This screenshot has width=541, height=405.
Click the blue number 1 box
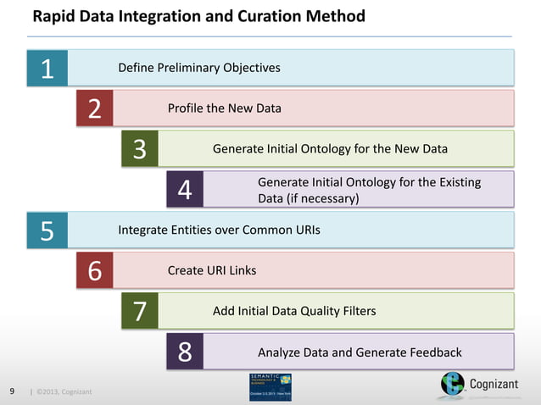(47, 69)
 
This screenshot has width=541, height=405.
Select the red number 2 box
(94, 109)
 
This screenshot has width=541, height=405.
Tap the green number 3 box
(140, 149)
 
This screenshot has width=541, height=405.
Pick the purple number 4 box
(185, 190)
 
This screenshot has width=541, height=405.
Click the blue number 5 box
(47, 230)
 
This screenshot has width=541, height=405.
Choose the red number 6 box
(94, 271)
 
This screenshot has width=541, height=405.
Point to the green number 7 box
(140, 312)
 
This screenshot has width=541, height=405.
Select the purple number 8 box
(185, 352)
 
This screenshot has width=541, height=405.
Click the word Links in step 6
(240, 270)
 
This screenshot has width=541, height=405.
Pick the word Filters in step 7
(355, 311)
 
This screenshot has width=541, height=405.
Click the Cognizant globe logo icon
(453, 386)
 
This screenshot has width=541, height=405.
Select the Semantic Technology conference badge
(270, 386)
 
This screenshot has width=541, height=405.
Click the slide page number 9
(12, 391)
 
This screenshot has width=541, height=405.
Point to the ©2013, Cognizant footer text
(64, 392)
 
